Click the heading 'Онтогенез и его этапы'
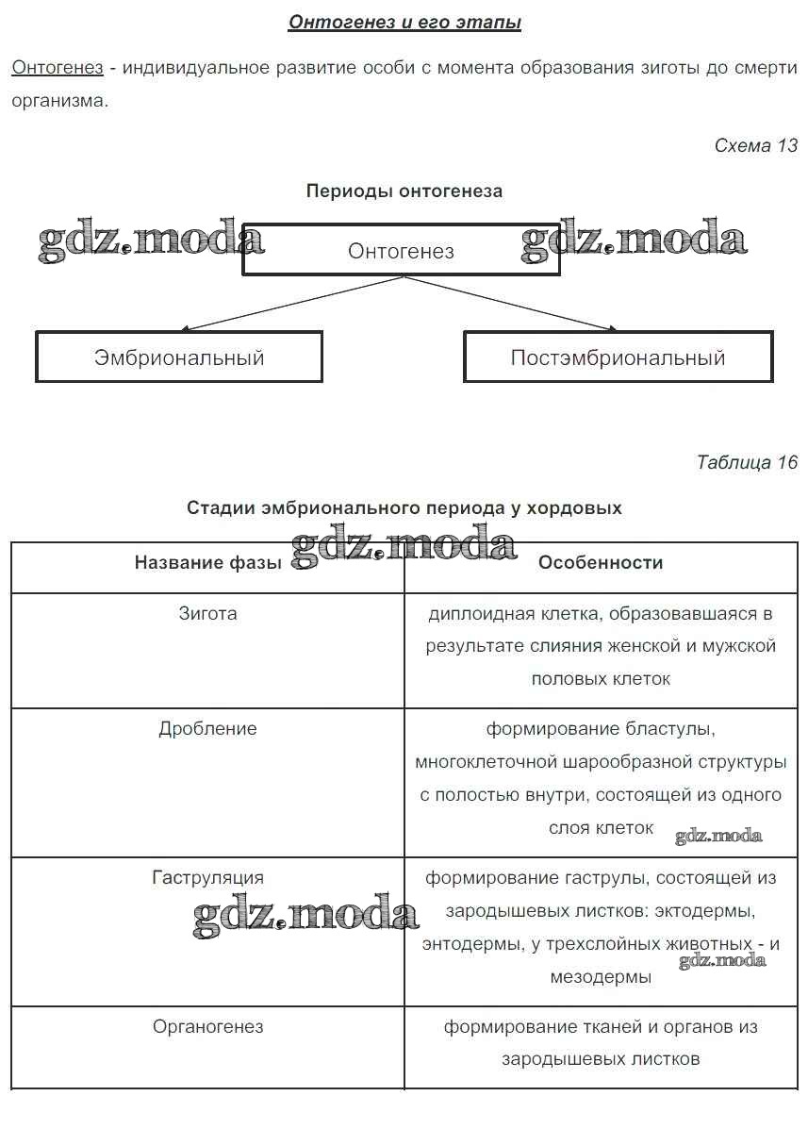tap(404, 23)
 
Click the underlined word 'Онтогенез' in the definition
tap(57, 68)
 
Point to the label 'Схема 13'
tap(755, 145)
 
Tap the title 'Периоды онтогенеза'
tap(404, 191)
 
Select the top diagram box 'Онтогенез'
tap(401, 251)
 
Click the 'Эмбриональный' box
tap(179, 357)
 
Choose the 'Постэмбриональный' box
tap(618, 357)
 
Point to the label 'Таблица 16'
tap(747, 462)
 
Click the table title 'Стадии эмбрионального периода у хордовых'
tap(404, 507)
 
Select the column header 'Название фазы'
tap(207, 563)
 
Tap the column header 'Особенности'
tap(601, 563)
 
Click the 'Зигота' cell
tap(207, 614)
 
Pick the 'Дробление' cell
tap(207, 729)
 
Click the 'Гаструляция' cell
tap(207, 878)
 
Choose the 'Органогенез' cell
tap(207, 1026)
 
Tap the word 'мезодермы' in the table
tap(601, 977)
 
